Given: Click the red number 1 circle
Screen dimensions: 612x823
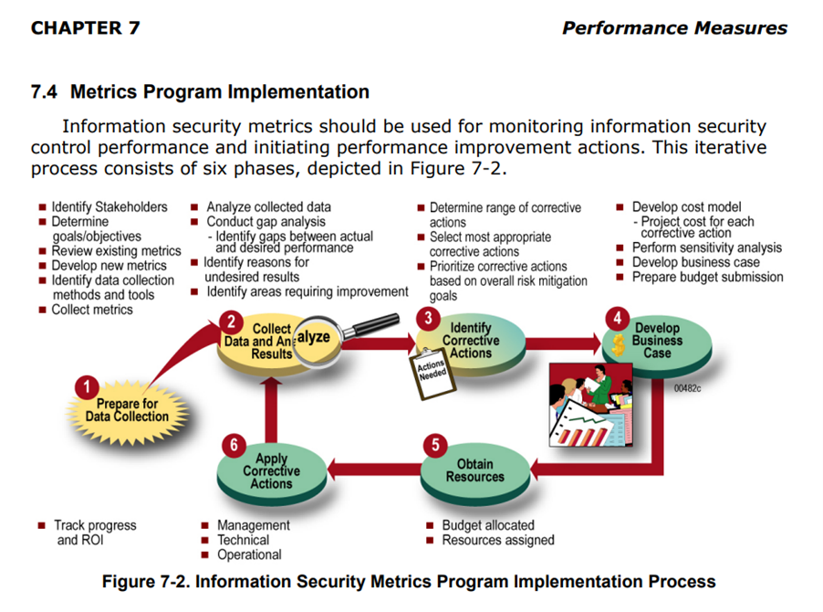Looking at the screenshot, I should (87, 387).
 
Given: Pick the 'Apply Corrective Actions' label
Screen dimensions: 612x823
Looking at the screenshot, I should (271, 471).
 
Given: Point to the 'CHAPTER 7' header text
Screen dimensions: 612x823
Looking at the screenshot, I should (85, 27).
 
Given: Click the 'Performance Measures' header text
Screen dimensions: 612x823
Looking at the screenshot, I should (674, 27).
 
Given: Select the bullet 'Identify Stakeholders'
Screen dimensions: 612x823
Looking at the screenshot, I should (109, 207).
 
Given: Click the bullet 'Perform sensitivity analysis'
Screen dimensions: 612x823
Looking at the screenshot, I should (706, 248).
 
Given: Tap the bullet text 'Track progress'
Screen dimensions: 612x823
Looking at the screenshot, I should (95, 525).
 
